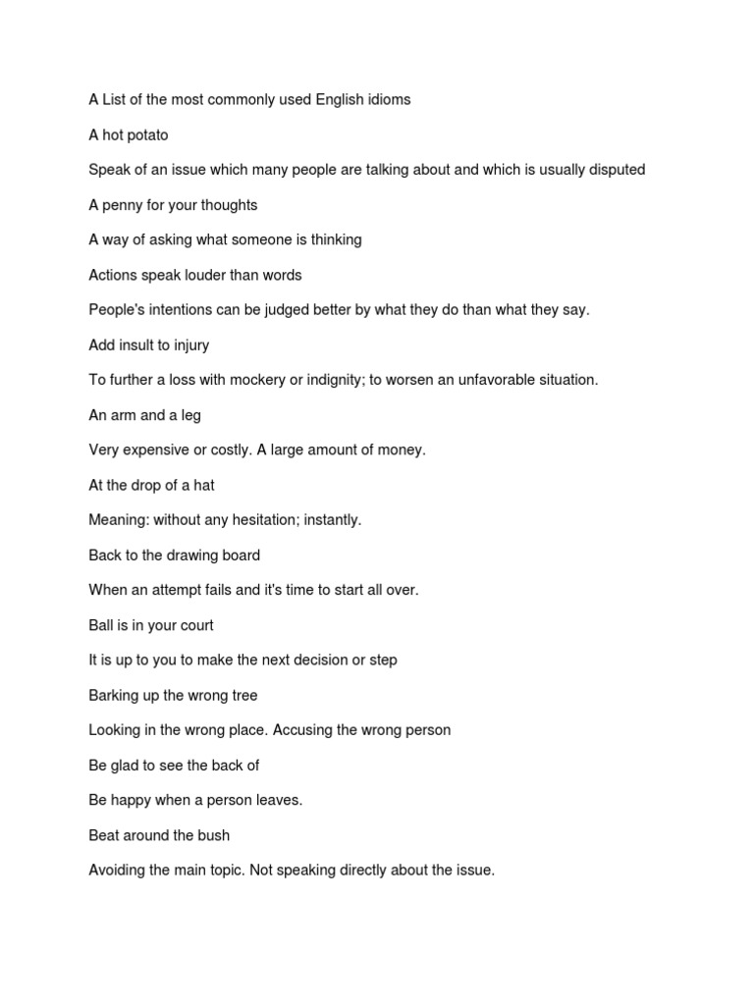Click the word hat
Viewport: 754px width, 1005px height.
pos(203,485)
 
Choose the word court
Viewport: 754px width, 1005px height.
pos(194,625)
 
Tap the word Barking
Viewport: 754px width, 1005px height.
pos(114,695)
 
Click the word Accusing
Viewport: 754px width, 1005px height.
pos(309,730)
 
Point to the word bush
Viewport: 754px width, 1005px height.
pos(213,835)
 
